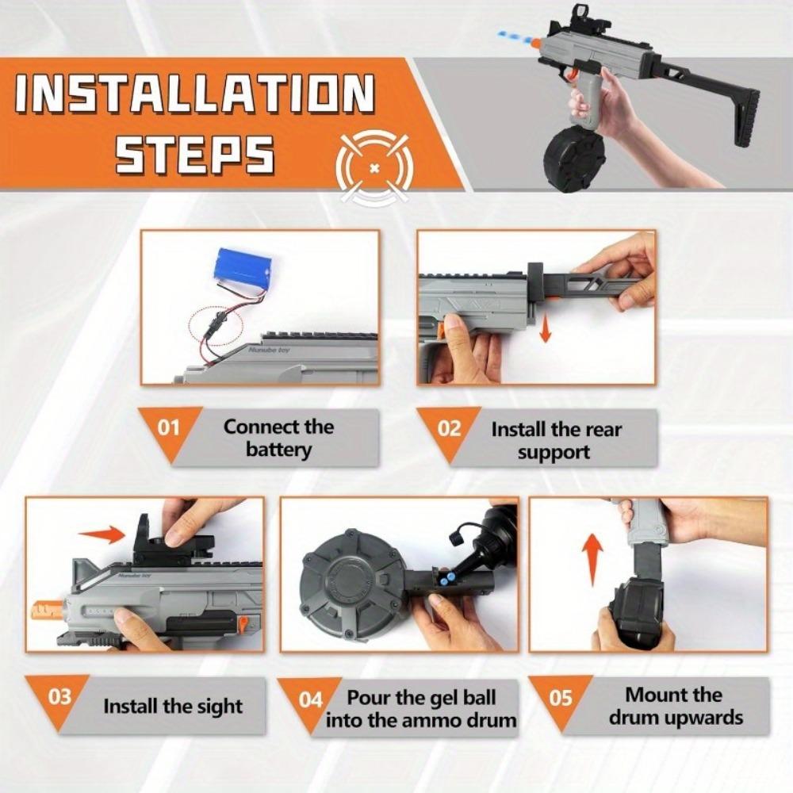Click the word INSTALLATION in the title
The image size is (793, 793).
194,94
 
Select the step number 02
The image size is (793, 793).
449,428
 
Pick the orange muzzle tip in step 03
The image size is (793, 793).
47,611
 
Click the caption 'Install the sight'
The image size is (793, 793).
172,706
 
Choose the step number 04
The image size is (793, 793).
311,699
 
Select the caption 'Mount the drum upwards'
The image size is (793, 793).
672,706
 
